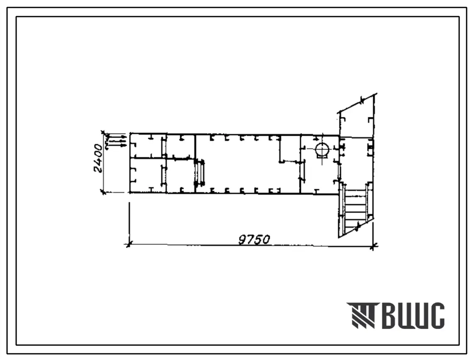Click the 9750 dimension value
(x=254, y=240)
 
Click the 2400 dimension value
(x=98, y=158)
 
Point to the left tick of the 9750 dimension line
(x=129, y=244)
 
